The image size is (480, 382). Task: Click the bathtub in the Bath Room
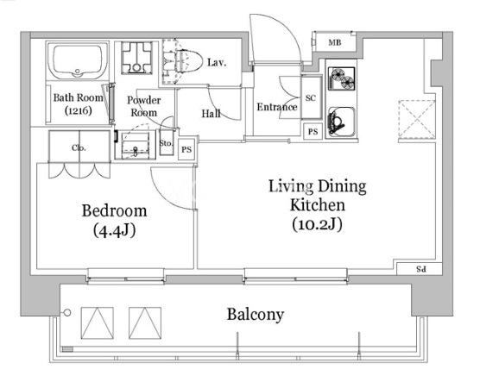(x=77, y=61)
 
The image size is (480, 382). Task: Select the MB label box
(x=335, y=42)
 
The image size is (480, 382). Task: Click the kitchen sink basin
(x=341, y=122)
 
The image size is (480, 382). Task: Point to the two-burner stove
(x=341, y=78)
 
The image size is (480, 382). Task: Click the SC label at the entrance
(x=311, y=97)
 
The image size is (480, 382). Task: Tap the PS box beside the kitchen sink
(x=313, y=132)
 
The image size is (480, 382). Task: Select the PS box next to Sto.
(x=186, y=149)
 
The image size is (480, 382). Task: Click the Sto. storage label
(x=166, y=143)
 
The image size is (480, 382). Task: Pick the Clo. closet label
(x=79, y=148)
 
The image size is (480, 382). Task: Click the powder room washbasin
(x=136, y=145)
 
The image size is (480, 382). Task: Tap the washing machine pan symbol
(x=136, y=58)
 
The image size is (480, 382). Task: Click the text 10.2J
(x=317, y=224)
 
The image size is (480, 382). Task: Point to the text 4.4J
(x=114, y=230)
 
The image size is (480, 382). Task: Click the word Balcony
(x=256, y=315)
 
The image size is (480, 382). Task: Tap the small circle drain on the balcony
(x=67, y=312)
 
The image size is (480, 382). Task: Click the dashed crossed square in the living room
(x=417, y=119)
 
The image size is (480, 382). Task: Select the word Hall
(x=211, y=114)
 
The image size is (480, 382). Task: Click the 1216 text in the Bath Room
(x=79, y=110)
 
